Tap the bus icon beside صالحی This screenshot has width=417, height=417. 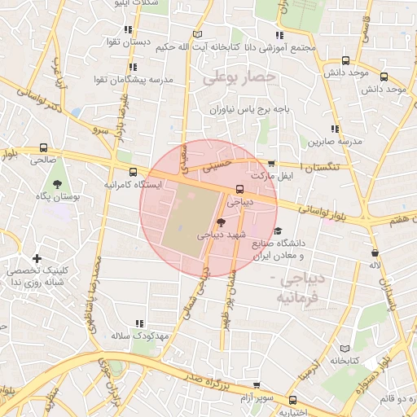43,148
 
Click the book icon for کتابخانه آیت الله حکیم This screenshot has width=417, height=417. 195,34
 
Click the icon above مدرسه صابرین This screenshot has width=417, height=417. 336,129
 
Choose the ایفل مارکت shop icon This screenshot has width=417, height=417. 271,164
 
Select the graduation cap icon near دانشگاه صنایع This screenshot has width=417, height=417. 278,231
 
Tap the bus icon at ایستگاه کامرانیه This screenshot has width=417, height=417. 133,172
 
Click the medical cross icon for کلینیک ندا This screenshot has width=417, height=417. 37,258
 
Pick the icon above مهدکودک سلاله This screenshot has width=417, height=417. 139,323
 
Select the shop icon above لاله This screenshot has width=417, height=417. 375,252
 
